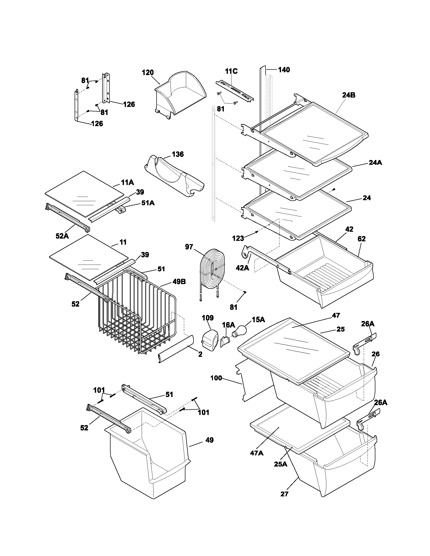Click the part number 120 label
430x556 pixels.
click(148, 73)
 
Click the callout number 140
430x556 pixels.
click(284, 70)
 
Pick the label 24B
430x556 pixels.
click(349, 95)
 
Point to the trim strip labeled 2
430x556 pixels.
click(176, 349)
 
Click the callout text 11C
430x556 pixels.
click(231, 71)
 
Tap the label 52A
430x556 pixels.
click(62, 236)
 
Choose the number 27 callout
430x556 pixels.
click(284, 501)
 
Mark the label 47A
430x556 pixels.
click(257, 453)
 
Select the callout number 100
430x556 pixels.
click(216, 378)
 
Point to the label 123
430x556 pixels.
click(238, 238)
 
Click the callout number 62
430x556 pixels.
click(361, 239)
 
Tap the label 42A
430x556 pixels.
click(242, 268)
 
